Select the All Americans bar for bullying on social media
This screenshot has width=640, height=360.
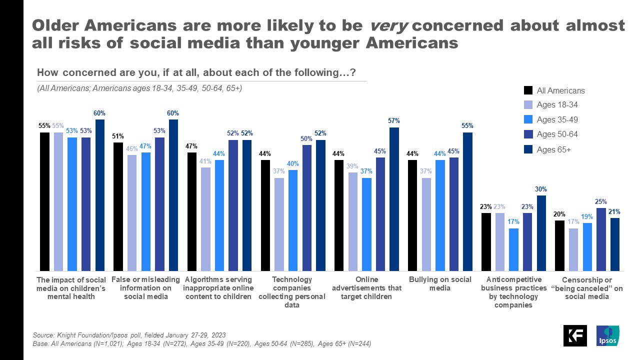point(413,215)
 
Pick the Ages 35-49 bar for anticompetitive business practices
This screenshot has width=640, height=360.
point(514,249)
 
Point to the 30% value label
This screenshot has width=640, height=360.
point(541,189)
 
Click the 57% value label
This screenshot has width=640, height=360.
point(394,121)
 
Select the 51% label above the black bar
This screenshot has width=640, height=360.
point(118,136)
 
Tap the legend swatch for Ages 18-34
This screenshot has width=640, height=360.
point(528,105)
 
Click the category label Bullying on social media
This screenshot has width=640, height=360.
point(440,283)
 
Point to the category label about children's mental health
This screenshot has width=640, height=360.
point(72,287)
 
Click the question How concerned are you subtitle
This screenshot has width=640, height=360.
point(196,73)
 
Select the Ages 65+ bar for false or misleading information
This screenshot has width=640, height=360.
point(173,195)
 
